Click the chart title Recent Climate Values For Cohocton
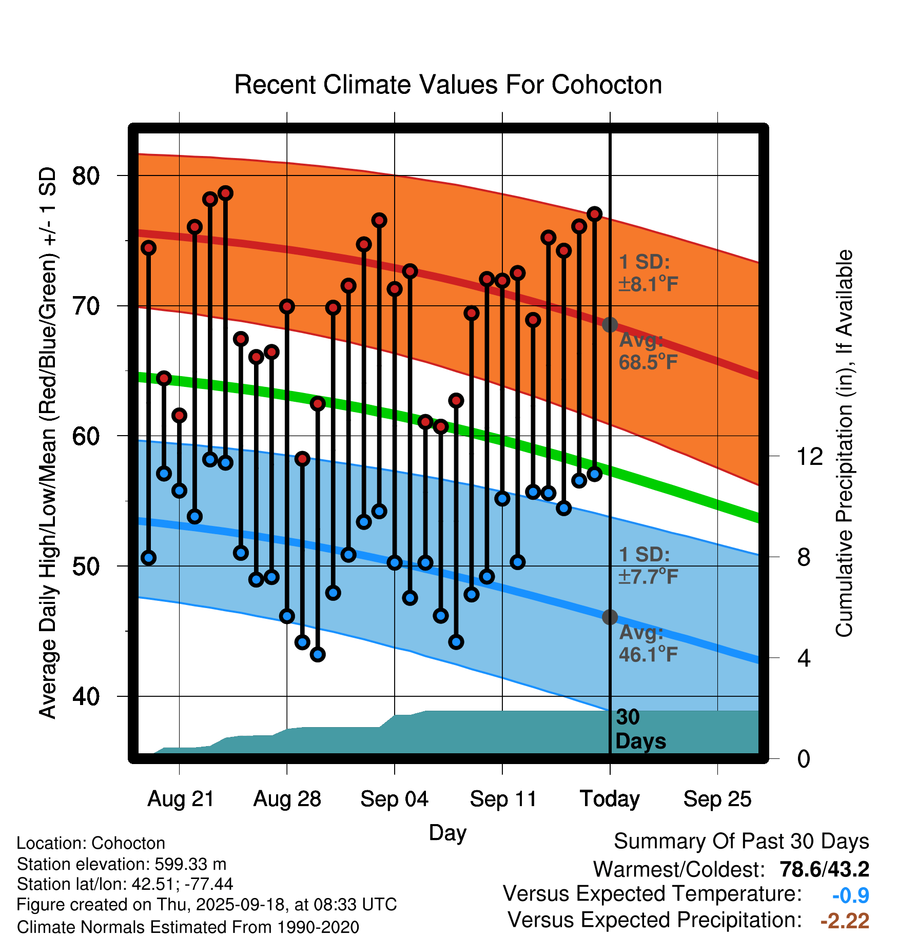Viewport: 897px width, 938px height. [x=448, y=85]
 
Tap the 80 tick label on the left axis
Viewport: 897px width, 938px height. [x=86, y=176]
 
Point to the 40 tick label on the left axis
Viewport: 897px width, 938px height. [x=86, y=696]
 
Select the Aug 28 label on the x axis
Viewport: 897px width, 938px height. [x=287, y=799]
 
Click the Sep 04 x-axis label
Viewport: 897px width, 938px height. [x=394, y=799]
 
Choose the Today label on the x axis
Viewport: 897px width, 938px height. [x=610, y=799]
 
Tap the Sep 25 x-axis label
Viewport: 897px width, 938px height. [x=717, y=799]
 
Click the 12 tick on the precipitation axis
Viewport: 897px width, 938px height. [x=809, y=456]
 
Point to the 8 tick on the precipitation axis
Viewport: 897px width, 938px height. [x=804, y=557]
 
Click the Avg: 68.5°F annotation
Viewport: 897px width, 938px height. [x=648, y=351]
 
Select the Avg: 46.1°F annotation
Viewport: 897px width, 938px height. [x=648, y=643]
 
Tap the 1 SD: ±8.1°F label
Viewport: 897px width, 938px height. [x=648, y=273]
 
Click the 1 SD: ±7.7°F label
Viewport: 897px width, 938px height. [x=648, y=565]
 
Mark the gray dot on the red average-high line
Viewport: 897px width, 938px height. [x=610, y=325]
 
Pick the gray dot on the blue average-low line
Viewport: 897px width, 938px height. [x=610, y=617]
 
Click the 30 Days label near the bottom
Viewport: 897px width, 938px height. [x=640, y=729]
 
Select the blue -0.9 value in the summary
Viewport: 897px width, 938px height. [x=850, y=895]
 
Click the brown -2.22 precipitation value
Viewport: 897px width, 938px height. [x=845, y=921]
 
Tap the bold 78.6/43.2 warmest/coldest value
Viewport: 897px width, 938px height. [x=824, y=869]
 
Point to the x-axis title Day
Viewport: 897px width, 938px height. [x=447, y=832]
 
